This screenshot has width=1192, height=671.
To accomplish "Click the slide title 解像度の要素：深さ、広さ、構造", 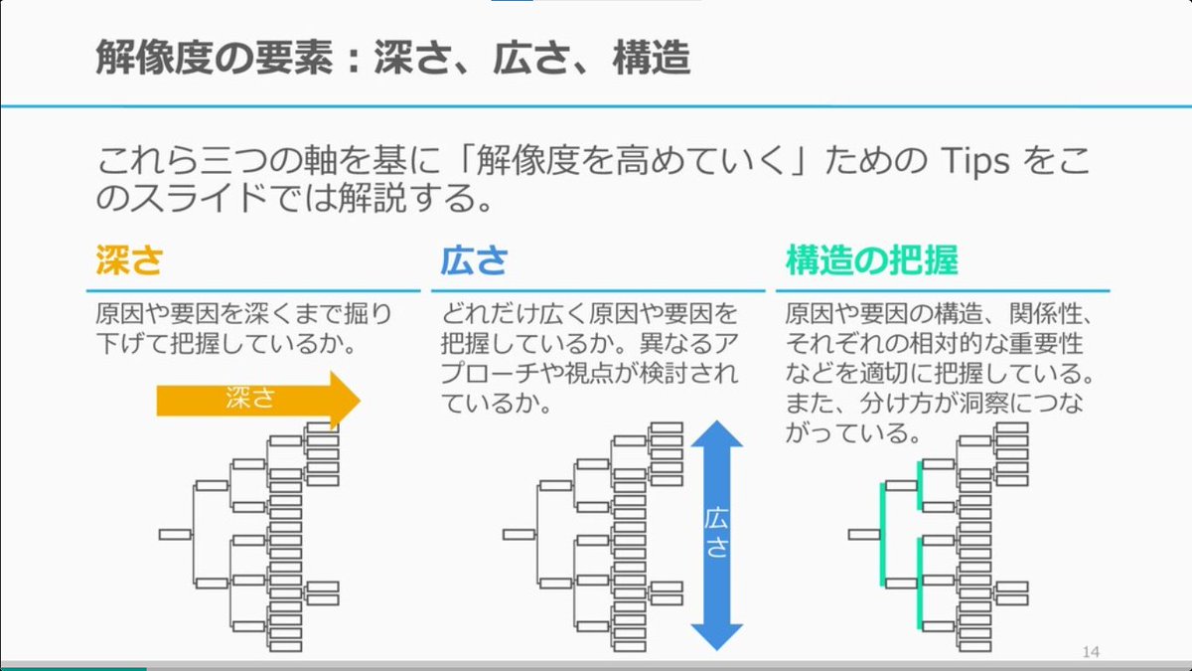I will pyautogui.click(x=392, y=59).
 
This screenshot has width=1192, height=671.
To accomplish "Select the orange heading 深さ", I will pyautogui.click(x=128, y=260).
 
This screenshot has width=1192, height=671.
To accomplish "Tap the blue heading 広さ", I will pyautogui.click(x=474, y=260).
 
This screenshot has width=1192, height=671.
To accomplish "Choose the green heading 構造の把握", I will pyautogui.click(x=871, y=260).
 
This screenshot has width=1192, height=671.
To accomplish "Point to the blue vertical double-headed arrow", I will pyautogui.click(x=716, y=534).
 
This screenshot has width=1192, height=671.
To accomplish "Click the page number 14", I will pyautogui.click(x=1091, y=652).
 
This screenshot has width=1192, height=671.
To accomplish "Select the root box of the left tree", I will pyautogui.click(x=175, y=535).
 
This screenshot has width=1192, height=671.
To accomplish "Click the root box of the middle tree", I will pyautogui.click(x=519, y=535).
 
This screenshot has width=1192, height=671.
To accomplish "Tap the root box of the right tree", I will pyautogui.click(x=864, y=535).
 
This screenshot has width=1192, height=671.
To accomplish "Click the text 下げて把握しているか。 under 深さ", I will pyautogui.click(x=226, y=346).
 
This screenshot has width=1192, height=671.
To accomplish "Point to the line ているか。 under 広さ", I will pyautogui.click(x=497, y=406).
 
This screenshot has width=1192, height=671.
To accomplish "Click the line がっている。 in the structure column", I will pyautogui.click(x=849, y=434).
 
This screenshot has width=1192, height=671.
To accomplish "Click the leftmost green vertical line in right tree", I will pyautogui.click(x=882, y=533).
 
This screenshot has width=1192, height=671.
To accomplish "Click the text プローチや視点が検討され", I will pyautogui.click(x=590, y=376).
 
